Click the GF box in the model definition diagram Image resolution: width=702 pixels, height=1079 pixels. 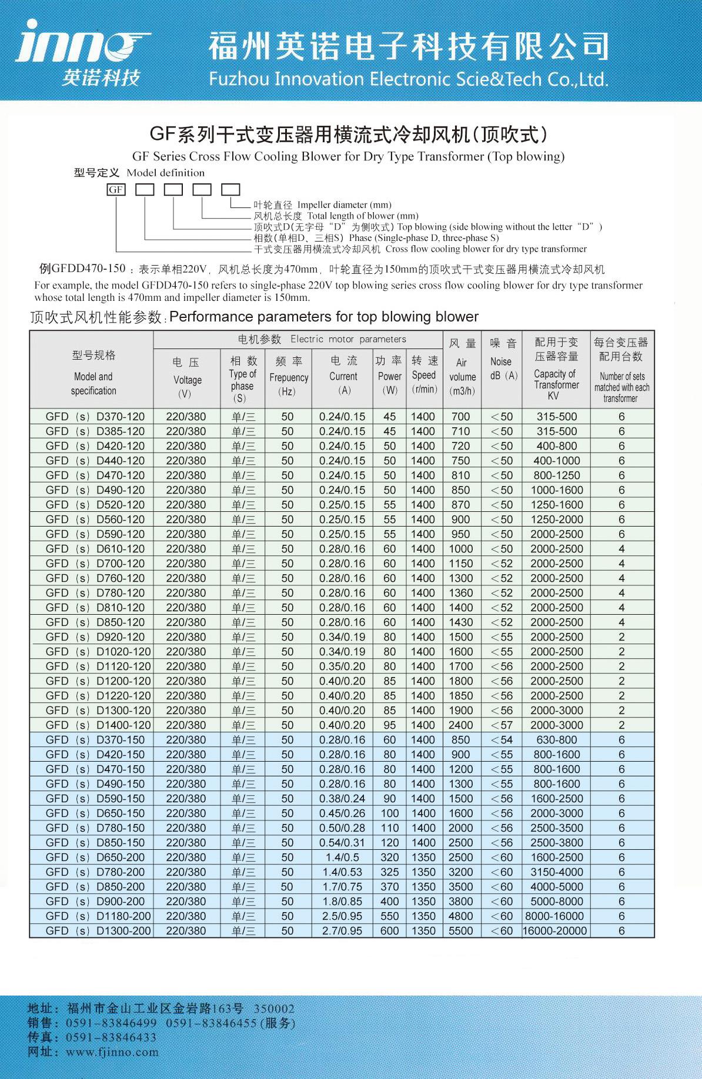116,189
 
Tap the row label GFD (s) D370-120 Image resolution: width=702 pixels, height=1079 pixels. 95,416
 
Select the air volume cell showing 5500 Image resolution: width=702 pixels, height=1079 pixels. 460,930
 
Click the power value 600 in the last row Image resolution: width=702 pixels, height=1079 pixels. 389,930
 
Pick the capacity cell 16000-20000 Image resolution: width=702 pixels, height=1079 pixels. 555,930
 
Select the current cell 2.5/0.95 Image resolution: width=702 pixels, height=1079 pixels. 342,916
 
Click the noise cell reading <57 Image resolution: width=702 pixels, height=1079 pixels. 502,725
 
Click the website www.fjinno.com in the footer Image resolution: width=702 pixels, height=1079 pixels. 112,1052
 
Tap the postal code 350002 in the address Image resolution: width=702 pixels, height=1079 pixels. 274,1008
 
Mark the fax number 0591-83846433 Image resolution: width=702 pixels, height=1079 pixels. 111,1037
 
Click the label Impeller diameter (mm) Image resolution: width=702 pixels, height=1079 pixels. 343,205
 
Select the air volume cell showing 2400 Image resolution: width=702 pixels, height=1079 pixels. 460,725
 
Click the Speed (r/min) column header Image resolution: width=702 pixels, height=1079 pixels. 424,374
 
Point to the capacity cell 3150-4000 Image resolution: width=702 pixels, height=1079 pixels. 556,872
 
